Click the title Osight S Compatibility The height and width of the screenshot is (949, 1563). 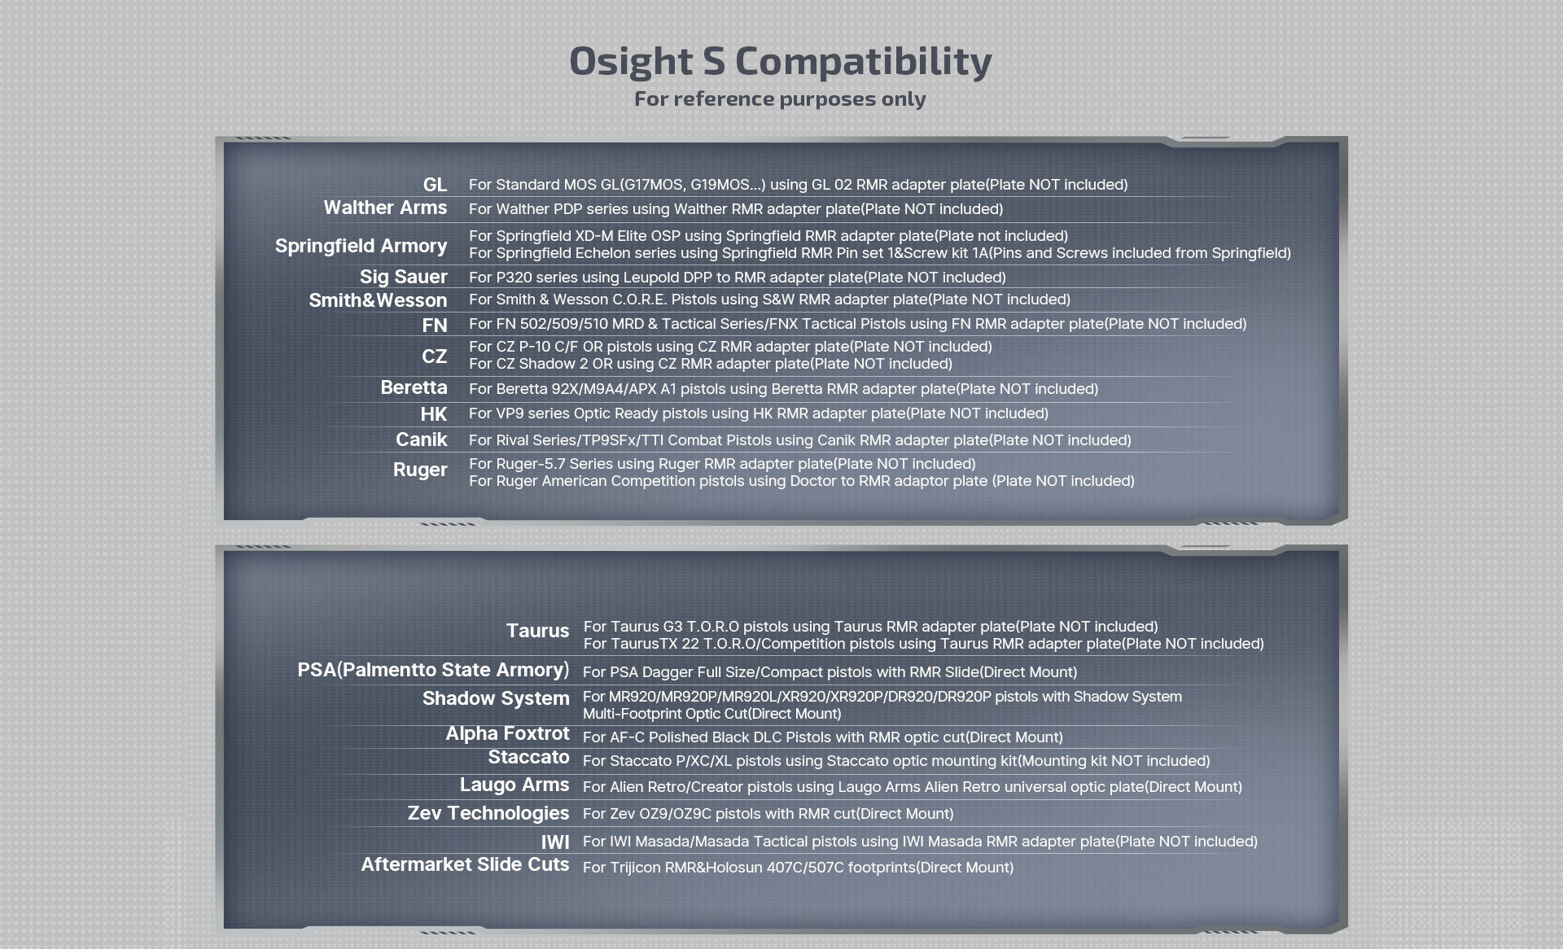click(x=780, y=61)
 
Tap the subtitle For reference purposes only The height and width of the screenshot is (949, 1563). click(x=780, y=98)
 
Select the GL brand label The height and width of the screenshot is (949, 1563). click(x=435, y=185)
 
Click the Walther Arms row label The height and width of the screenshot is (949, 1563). click(x=385, y=208)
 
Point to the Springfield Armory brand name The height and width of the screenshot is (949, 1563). click(x=361, y=246)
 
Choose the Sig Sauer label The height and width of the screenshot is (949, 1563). click(x=403, y=277)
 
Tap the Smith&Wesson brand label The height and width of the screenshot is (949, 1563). click(x=378, y=300)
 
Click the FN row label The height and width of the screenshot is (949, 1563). click(x=435, y=326)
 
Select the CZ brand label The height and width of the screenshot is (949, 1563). click(x=435, y=356)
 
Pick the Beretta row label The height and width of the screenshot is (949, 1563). click(x=414, y=387)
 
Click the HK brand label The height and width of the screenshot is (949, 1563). click(x=434, y=414)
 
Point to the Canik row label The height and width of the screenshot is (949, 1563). click(x=422, y=440)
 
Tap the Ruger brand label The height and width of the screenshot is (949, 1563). click(x=420, y=470)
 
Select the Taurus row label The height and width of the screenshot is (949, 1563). click(x=537, y=631)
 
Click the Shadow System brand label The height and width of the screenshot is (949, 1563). click(x=496, y=698)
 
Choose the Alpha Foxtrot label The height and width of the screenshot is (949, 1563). click(x=507, y=733)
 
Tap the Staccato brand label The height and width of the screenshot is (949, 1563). click(x=528, y=757)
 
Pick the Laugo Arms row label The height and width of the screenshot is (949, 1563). click(x=514, y=785)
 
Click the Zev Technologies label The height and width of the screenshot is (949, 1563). click(x=488, y=813)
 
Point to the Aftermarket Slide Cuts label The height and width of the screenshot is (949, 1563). click(x=465, y=864)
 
